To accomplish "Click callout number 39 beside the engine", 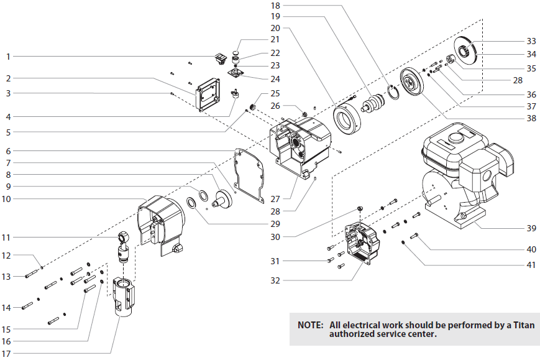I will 531,228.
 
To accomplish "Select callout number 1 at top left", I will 8,57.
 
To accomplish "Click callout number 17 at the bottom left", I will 7,354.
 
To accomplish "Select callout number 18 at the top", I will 275,5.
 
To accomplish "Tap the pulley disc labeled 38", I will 411,80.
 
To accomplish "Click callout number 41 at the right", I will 531,265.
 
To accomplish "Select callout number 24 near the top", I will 275,79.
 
